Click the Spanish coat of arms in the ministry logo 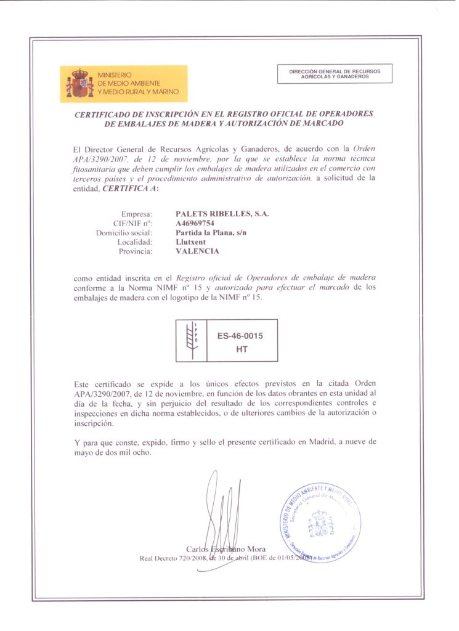[79, 83]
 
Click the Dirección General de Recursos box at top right [335, 74]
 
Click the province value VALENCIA [197, 251]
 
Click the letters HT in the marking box [242, 349]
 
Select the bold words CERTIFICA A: [131, 189]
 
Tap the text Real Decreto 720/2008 [174, 558]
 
